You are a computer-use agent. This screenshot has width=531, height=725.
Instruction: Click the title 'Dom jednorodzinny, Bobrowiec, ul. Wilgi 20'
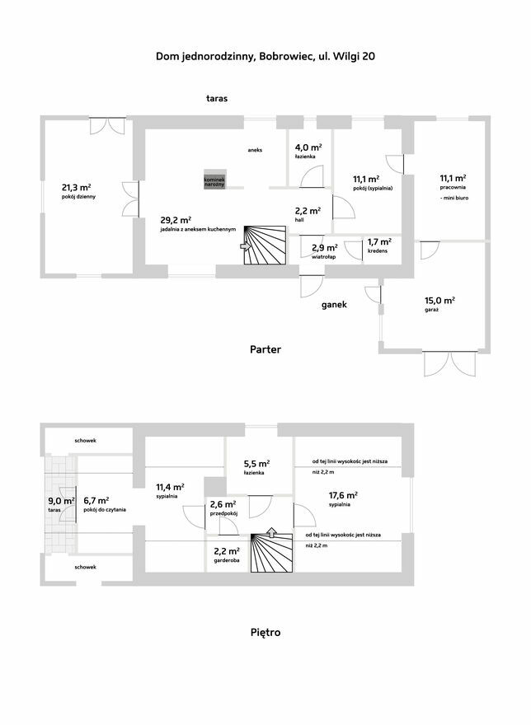pyautogui.click(x=265, y=56)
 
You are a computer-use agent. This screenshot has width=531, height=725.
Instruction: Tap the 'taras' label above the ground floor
pyautogui.click(x=217, y=99)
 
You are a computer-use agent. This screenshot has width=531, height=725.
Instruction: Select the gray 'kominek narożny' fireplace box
pyautogui.click(x=215, y=180)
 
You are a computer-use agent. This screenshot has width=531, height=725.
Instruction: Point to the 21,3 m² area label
pyautogui.click(x=76, y=187)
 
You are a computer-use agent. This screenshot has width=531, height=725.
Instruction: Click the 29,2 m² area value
pyautogui.click(x=176, y=220)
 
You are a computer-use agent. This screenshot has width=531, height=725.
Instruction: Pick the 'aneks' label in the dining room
pyautogui.click(x=255, y=150)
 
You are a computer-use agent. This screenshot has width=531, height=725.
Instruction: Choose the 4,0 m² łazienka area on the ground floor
pyautogui.click(x=308, y=147)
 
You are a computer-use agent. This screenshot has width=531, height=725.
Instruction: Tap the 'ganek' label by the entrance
pyautogui.click(x=334, y=305)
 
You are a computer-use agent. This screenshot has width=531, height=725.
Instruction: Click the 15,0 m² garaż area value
pyautogui.click(x=439, y=301)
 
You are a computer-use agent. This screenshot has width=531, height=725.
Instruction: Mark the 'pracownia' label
pyautogui.click(x=453, y=188)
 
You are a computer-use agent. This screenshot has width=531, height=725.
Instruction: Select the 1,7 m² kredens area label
pyautogui.click(x=379, y=242)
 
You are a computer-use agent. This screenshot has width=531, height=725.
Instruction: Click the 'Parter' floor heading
pyautogui.click(x=265, y=349)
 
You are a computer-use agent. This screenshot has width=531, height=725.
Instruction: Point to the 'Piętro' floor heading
pyautogui.click(x=265, y=632)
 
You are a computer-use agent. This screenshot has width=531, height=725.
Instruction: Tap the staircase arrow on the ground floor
pyautogui.click(x=246, y=246)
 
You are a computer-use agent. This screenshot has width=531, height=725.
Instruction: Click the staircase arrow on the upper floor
pyautogui.click(x=272, y=533)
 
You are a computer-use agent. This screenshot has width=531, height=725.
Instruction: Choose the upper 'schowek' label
pyautogui.click(x=86, y=441)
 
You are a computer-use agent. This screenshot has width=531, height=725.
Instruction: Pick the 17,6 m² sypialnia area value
pyautogui.click(x=343, y=495)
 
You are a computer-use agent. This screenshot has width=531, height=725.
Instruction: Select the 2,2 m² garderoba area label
pyautogui.click(x=227, y=551)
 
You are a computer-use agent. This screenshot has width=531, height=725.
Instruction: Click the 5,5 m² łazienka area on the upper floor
pyautogui.click(x=257, y=464)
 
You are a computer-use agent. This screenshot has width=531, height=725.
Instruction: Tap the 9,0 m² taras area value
pyautogui.click(x=62, y=501)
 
